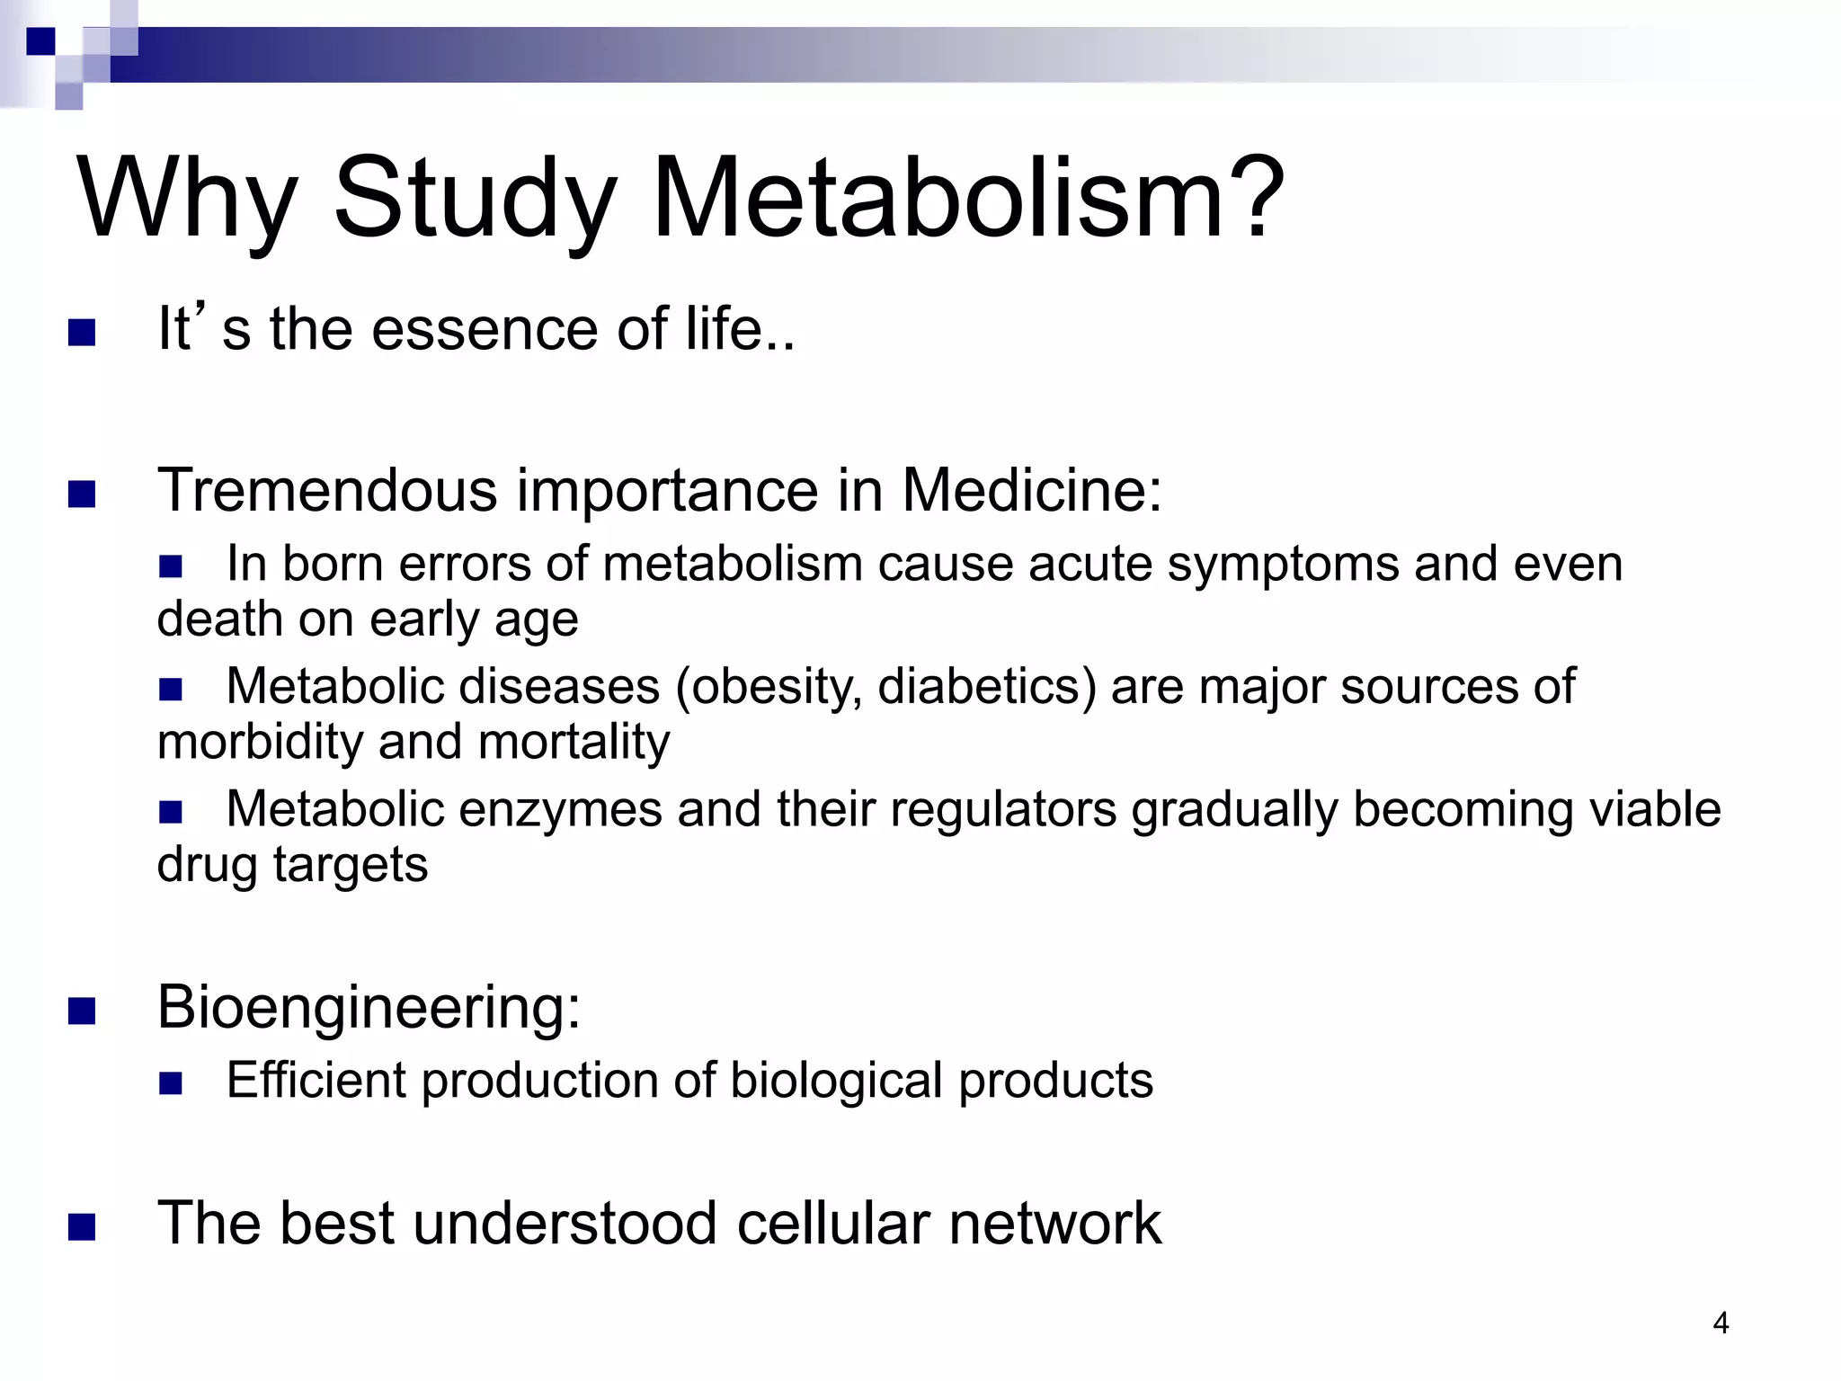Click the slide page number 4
click(x=1721, y=1323)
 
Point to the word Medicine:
click(x=1031, y=491)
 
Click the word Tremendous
click(x=327, y=491)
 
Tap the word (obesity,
click(x=769, y=689)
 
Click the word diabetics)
click(x=987, y=687)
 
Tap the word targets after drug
click(x=351, y=866)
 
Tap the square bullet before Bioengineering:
click(x=82, y=1012)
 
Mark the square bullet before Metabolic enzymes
click(x=170, y=813)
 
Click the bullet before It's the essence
click(x=82, y=334)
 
